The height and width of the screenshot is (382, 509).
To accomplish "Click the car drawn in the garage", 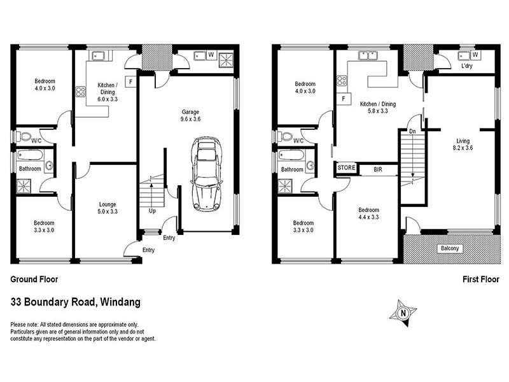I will coord(206,173).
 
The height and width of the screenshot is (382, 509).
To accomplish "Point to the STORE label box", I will coord(346,169).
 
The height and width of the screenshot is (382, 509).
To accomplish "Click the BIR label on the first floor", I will coord(378,170).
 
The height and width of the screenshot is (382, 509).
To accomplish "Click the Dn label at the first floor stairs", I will coord(412,132).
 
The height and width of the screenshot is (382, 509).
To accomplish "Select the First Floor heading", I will coord(480,279).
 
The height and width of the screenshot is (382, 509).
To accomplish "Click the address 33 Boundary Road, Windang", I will coord(76,302).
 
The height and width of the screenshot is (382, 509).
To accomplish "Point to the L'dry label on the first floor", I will coord(465,66).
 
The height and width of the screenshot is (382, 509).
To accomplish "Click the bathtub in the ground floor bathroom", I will coord(31,155).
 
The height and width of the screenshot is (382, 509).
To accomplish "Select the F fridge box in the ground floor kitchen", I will coord(130,81).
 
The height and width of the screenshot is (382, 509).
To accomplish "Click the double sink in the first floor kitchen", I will coord(367,55).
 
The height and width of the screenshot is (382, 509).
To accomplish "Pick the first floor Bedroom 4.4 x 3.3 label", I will coord(368,213).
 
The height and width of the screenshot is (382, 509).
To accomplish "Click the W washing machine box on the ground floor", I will coord(211,55).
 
